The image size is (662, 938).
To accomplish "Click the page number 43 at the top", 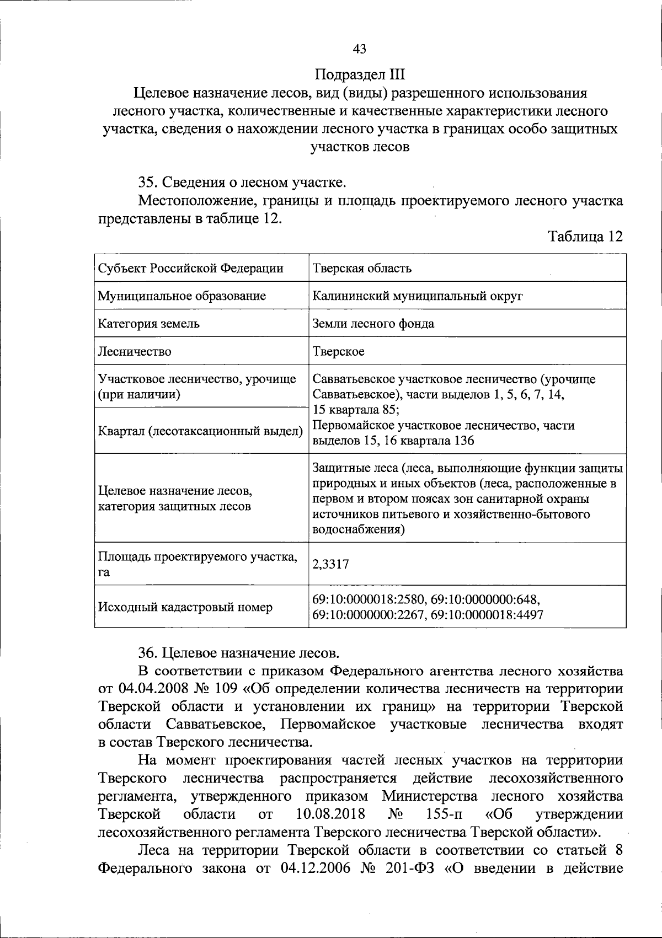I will point(359,49).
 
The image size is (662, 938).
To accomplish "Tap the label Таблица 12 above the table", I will point(585,237).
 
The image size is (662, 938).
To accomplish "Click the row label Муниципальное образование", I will point(181,296).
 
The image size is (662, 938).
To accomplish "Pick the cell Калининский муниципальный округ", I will point(418,296).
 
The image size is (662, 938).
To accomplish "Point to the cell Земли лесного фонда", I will point(373,324).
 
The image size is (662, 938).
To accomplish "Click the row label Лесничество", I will point(135,351).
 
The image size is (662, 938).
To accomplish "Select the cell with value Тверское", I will point(338,351).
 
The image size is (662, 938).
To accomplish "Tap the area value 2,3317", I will point(330,564).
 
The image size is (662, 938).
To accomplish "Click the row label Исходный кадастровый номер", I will point(185,607).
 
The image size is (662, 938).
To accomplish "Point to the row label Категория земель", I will point(148,324).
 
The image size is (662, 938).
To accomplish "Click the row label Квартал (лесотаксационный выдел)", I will point(200,431).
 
